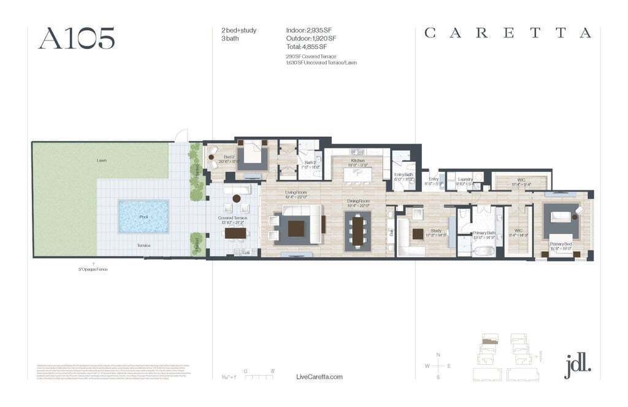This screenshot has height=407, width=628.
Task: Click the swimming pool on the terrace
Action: click(144, 215)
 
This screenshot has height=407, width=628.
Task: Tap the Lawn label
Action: click(101, 160)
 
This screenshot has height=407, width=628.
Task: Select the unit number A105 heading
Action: click(77, 38)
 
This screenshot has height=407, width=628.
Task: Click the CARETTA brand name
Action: click(508, 33)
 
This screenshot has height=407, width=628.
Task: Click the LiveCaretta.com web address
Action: click(319, 377)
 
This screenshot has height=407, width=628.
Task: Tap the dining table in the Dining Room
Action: click(358, 230)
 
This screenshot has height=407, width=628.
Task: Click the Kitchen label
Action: click(358, 160)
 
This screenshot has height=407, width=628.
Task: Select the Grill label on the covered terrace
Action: click(246, 252)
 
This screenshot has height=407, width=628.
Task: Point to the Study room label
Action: click(436, 231)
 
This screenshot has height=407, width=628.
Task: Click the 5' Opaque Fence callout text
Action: click(93, 269)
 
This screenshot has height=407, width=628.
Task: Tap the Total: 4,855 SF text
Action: click(306, 47)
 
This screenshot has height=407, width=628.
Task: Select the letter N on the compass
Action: click(438, 355)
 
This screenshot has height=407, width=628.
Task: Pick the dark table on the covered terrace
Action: click(235, 233)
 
